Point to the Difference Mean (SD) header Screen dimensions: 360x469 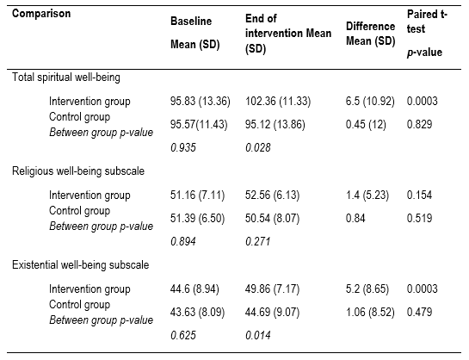367,32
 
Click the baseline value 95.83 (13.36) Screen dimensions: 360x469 199,101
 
